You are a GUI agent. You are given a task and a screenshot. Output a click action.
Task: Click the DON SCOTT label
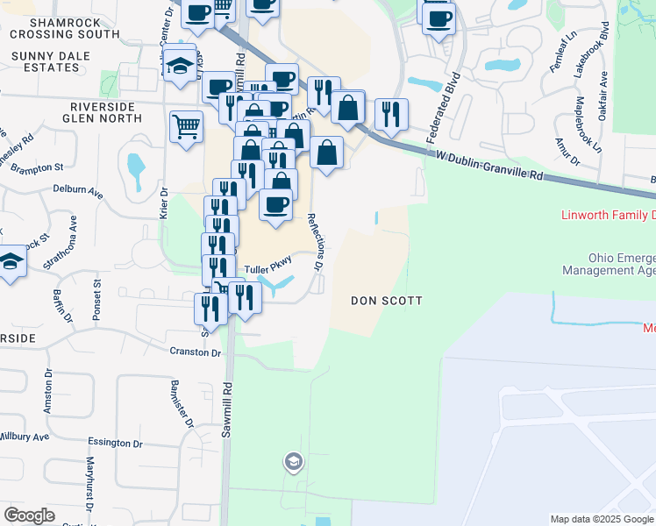(387, 301)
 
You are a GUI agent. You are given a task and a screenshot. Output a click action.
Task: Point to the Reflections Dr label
(315, 241)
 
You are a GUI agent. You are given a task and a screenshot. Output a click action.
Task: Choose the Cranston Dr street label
(196, 352)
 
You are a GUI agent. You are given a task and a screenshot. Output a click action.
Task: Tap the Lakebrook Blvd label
(591, 60)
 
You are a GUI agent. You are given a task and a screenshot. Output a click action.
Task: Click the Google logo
(30, 515)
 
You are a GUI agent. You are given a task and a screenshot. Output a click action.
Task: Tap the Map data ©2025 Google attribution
(602, 519)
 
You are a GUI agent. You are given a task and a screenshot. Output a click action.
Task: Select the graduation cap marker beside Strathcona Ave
(11, 262)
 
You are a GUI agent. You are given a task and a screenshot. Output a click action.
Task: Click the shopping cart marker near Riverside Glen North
(186, 126)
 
